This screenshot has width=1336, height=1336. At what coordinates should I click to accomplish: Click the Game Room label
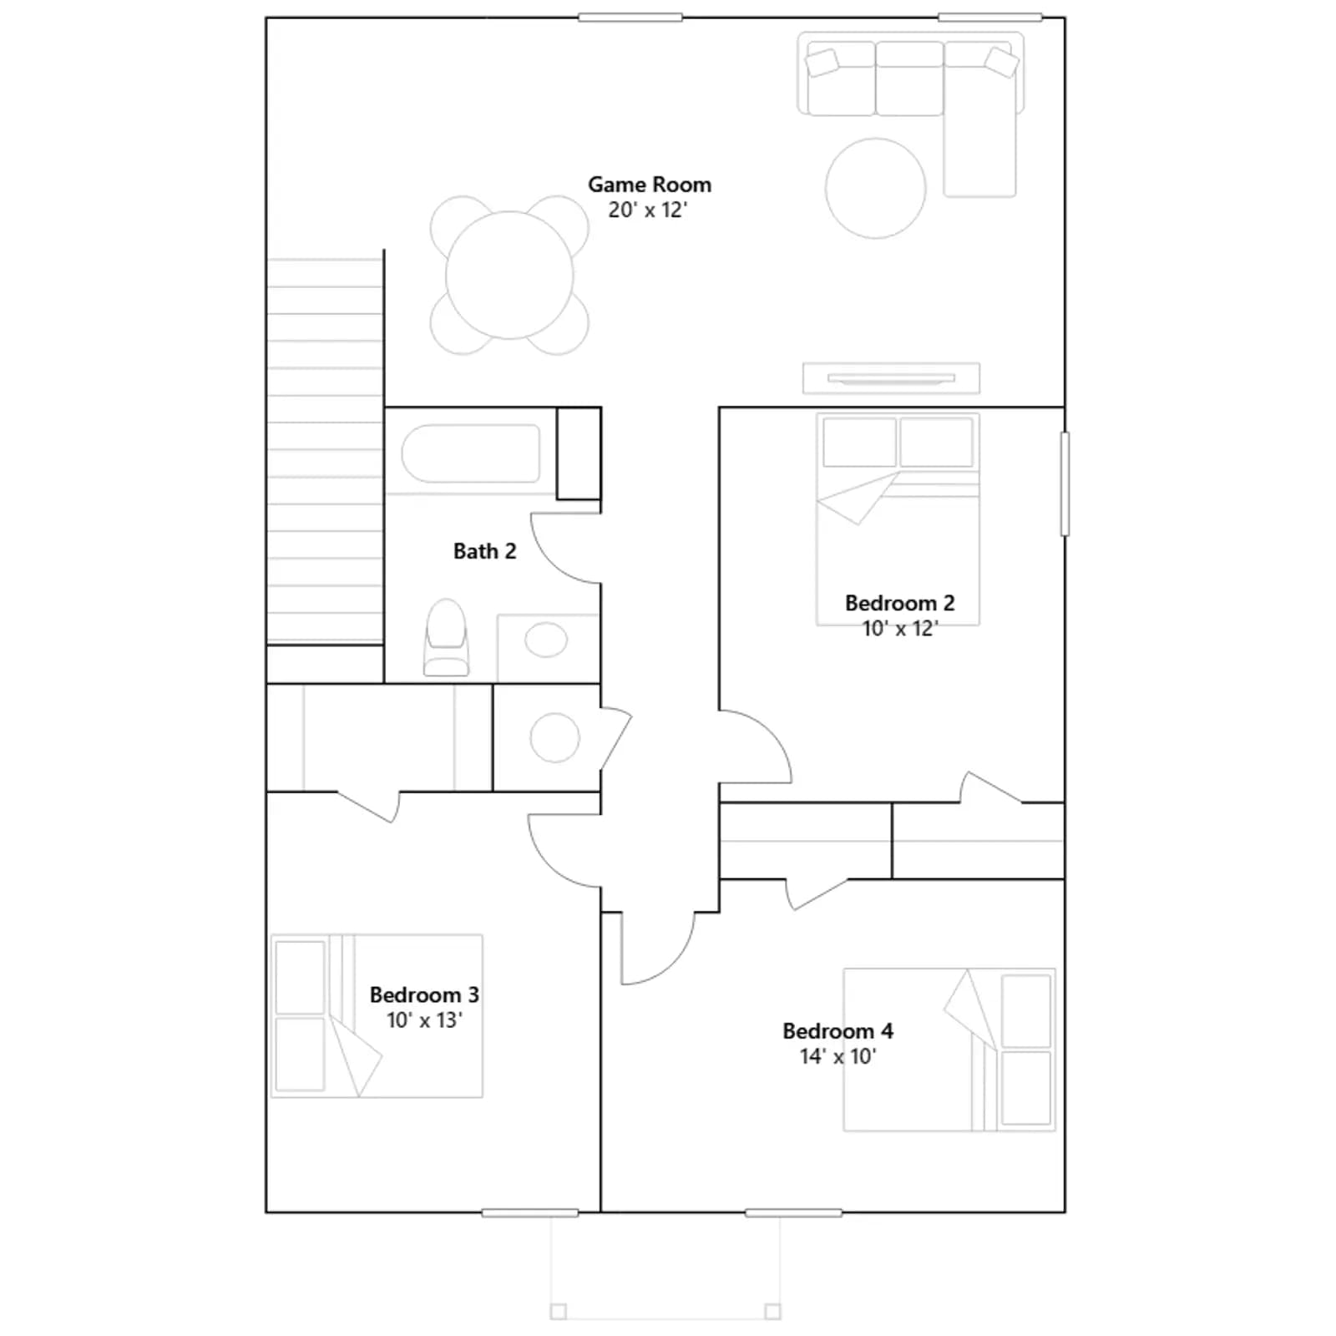point(650,185)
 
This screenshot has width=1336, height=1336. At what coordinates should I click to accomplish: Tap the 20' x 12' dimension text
point(648,210)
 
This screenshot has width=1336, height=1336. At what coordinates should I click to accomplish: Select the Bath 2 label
point(484,551)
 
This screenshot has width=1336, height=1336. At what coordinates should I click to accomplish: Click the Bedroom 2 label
point(899,603)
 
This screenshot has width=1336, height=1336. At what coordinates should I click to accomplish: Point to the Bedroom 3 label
point(424,994)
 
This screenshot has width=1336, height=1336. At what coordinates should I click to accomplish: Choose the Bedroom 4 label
point(838,1031)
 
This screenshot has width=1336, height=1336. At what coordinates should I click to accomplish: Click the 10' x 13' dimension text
point(424,1020)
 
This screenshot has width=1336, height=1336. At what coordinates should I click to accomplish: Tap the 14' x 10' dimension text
point(838,1056)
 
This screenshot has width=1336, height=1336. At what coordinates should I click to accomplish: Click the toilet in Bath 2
point(446,637)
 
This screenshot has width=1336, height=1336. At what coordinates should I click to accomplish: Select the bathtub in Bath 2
point(471,453)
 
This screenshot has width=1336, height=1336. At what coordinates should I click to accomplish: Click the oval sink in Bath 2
point(546,640)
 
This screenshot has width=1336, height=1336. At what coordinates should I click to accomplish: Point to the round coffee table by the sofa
point(875,188)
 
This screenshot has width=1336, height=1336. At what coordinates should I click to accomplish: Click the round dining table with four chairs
point(509,276)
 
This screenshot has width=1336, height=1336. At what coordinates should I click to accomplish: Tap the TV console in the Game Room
point(891,378)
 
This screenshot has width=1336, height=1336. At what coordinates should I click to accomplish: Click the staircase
point(325,451)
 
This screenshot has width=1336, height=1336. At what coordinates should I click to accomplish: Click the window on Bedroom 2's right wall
point(1065,483)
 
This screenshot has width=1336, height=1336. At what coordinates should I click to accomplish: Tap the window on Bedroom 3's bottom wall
point(530,1212)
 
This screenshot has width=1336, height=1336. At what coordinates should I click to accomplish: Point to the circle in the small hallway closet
point(554,737)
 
